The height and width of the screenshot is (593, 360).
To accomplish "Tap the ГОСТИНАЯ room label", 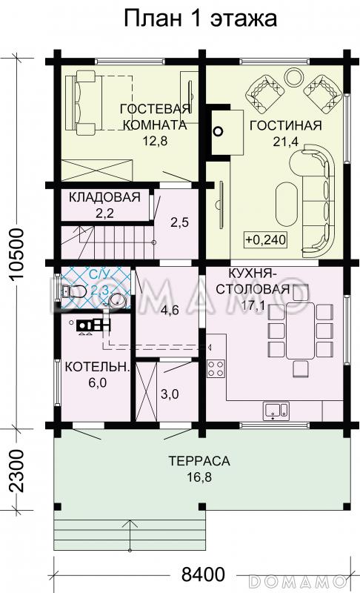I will tap(285, 125).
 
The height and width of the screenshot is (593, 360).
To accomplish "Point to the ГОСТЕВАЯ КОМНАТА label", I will tap(156, 117).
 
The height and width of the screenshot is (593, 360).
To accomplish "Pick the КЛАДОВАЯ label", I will tap(104, 197).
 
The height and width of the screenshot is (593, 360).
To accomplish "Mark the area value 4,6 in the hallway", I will tap(170, 312).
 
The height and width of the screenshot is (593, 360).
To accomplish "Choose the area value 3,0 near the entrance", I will tap(170, 394).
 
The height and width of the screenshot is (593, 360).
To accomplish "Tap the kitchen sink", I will tap(274, 408).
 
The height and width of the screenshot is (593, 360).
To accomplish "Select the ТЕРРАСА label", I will tap(199, 461).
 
